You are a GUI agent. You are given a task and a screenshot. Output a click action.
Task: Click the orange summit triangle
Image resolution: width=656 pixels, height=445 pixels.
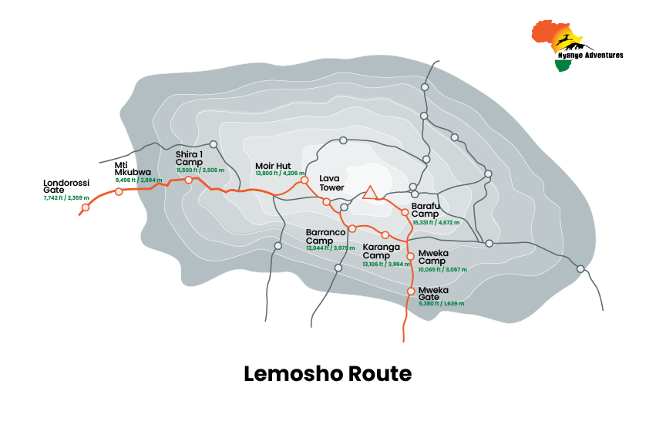coord(369,193)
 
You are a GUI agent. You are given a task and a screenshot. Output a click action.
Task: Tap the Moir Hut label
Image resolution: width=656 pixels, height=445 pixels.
coord(273,166)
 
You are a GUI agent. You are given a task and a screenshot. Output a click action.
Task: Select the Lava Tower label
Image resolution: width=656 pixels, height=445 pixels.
coord(330,183)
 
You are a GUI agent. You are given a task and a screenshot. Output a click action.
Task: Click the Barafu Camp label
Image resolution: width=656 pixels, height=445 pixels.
coord(425,210)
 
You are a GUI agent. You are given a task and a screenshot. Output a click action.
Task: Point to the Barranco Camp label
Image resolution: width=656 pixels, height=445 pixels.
coord(325,235)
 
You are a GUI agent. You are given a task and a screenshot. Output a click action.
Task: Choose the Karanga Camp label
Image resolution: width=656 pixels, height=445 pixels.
coord(381,251)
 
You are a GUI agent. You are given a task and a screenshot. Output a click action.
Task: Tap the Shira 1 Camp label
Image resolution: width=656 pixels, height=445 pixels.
coord(189,158)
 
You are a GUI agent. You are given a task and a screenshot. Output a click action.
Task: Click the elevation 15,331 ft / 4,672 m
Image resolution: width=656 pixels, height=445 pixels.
coord(436,222)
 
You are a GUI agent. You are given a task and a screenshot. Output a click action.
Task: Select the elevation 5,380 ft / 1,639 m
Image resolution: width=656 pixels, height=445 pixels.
coord(442,304)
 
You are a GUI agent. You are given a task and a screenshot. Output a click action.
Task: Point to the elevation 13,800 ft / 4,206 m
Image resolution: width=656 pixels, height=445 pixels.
coord(279,174)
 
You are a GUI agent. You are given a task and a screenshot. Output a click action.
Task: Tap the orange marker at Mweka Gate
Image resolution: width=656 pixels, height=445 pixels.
coord(411,291)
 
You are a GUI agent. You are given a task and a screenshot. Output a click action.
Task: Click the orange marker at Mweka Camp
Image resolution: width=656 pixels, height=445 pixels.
coord(411,255)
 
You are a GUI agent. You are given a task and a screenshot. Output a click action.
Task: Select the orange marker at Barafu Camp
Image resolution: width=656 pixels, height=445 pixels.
coord(405,212)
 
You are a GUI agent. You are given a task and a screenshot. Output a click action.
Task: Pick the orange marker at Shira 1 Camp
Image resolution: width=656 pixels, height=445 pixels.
coord(188,180)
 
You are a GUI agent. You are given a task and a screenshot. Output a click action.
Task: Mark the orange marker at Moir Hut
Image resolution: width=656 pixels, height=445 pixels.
coord(304,180)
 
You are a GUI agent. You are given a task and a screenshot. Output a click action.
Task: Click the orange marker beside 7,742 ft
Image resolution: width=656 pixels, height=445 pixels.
coord(86,207)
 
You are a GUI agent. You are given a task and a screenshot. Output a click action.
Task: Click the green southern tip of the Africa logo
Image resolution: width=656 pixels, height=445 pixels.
coord(563,66)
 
